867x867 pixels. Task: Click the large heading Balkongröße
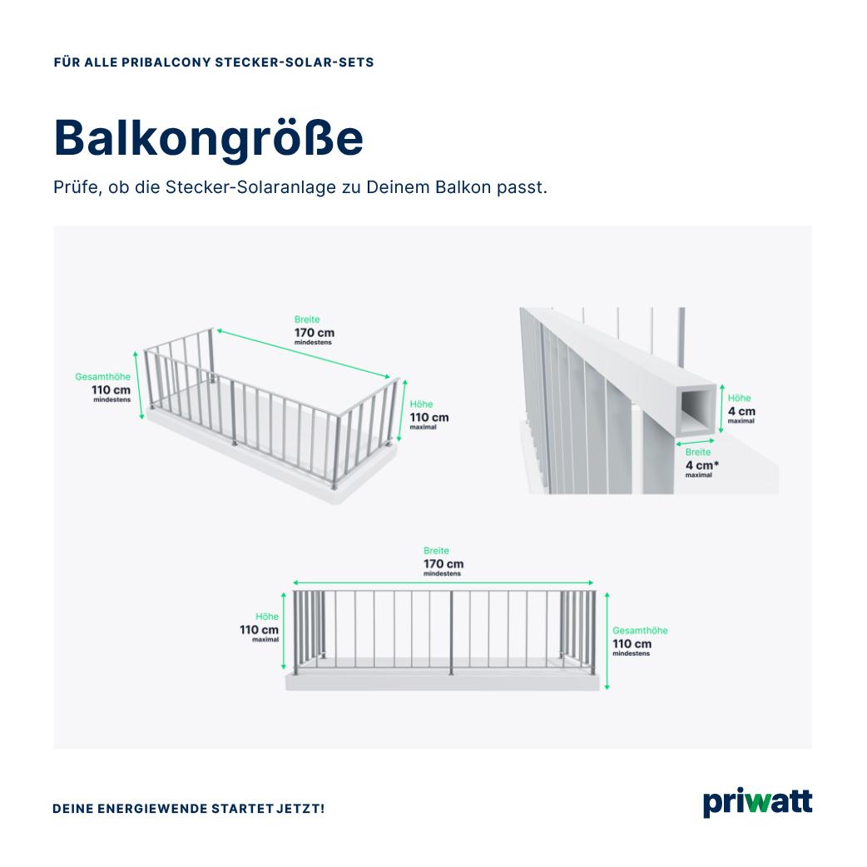pyautogui.click(x=209, y=138)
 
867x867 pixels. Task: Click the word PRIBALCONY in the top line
pyautogui.click(x=166, y=62)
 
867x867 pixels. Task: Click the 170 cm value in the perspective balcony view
pyautogui.click(x=314, y=333)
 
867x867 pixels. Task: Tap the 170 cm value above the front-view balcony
pyautogui.click(x=443, y=564)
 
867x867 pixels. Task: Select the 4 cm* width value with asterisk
pyautogui.click(x=702, y=466)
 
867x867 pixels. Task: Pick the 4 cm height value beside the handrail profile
pyautogui.click(x=741, y=411)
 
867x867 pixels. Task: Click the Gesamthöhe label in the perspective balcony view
pyautogui.click(x=103, y=377)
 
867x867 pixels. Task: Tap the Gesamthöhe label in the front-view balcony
pyautogui.click(x=640, y=631)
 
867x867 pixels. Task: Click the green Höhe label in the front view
pyautogui.click(x=267, y=617)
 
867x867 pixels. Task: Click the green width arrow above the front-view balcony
pyautogui.click(x=443, y=582)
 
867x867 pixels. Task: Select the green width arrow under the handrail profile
pyautogui.click(x=695, y=443)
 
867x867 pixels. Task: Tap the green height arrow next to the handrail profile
pyautogui.click(x=721, y=409)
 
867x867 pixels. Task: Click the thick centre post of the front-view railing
pyautogui.click(x=451, y=633)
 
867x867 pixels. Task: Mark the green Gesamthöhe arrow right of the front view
pyautogui.click(x=607, y=641)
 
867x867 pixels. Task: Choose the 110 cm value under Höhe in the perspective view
pyautogui.click(x=429, y=418)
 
